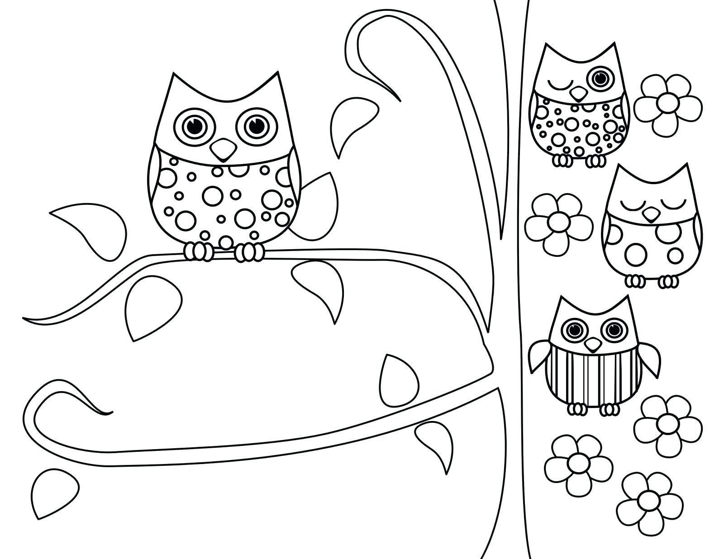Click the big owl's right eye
[x=255, y=126]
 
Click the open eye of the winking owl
[x=601, y=78]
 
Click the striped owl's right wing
[x=649, y=357]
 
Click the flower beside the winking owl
[x=668, y=104]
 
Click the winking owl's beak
[x=577, y=94]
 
